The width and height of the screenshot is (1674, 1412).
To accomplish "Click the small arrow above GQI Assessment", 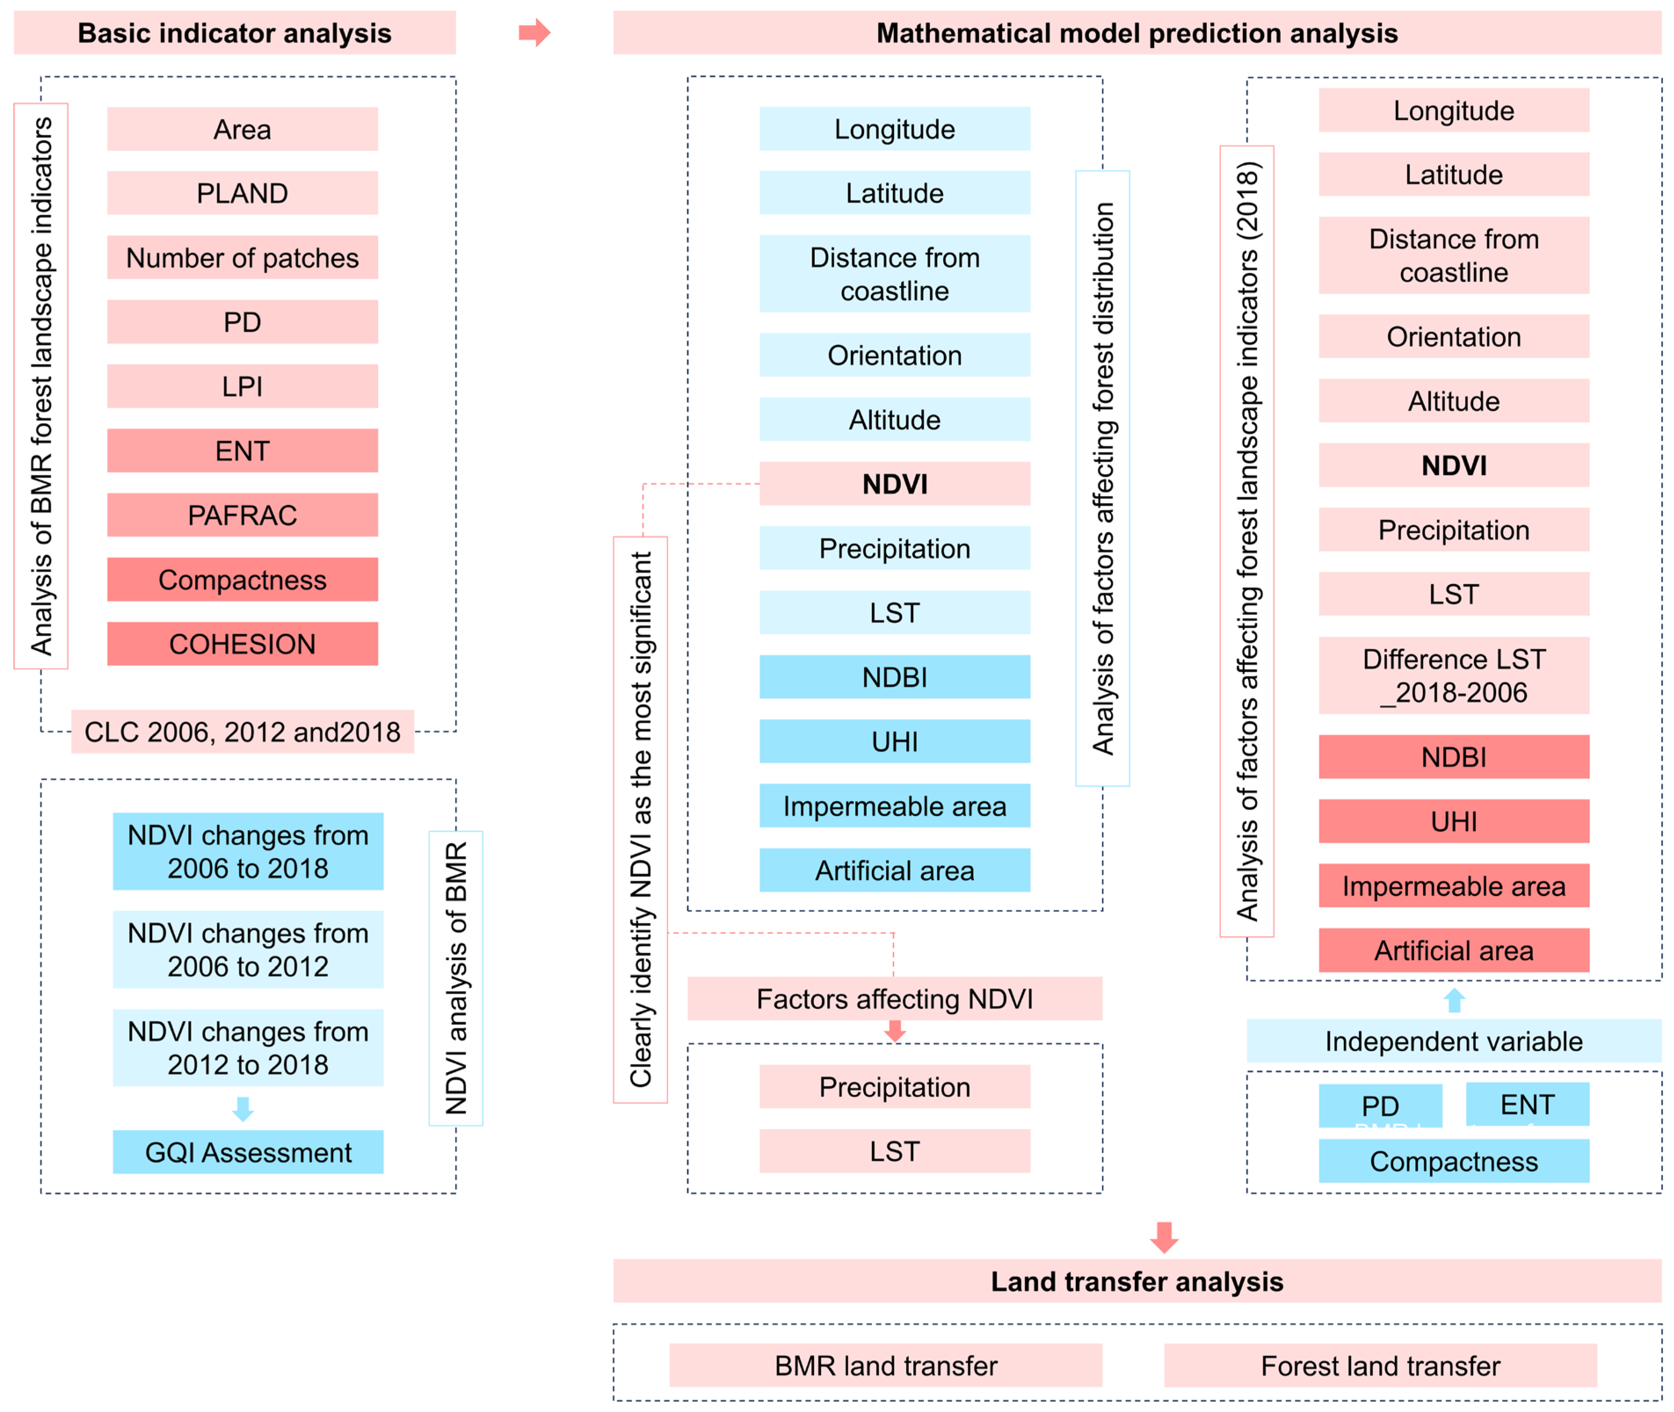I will pyautogui.click(x=243, y=1108).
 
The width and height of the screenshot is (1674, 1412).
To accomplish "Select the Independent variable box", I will pyautogui.click(x=1453, y=1041).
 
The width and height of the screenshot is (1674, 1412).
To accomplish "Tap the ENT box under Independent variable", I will pyautogui.click(x=1527, y=1104).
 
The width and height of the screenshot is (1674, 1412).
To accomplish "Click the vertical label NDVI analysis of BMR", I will pyautogui.click(x=455, y=978).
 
